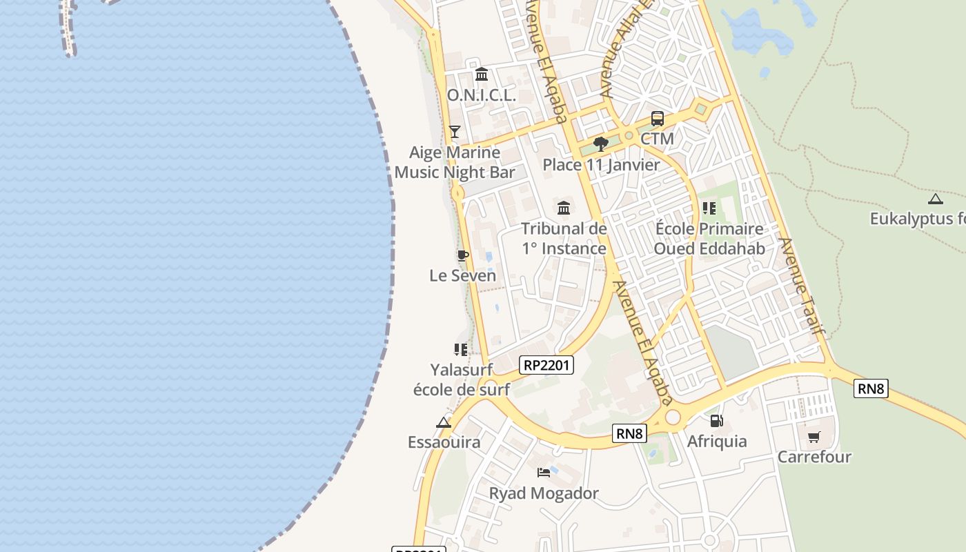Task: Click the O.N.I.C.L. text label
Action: point(481,95)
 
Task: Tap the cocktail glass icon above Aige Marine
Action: point(454,131)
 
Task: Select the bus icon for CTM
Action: point(657,119)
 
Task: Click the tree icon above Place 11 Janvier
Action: point(601,144)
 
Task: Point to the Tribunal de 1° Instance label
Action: point(564,238)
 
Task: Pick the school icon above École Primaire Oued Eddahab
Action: point(709,208)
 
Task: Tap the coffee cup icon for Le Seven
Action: point(463,255)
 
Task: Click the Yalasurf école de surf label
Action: point(461,379)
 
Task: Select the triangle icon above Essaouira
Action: point(444,422)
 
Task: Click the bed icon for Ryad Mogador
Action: point(544,473)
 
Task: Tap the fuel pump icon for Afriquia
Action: point(717,420)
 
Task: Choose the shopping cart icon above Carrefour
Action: point(814,437)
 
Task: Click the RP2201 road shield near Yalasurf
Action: point(546,365)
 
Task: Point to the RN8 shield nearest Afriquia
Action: point(630,433)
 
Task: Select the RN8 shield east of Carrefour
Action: point(871,388)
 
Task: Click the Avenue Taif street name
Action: point(802,286)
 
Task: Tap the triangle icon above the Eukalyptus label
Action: point(936,199)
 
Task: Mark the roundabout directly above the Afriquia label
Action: point(673,417)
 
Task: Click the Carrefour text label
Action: point(814,457)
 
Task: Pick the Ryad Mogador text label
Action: point(544,493)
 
